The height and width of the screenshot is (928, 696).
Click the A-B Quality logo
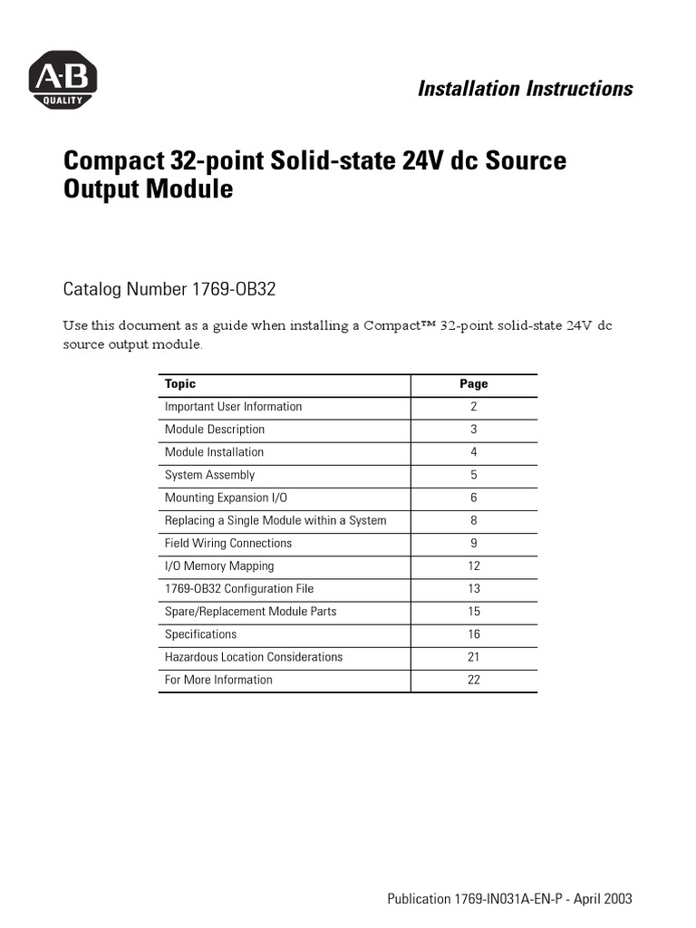click(x=63, y=80)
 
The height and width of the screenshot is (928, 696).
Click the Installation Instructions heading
click(x=525, y=88)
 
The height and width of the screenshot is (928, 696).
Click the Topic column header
click(x=180, y=384)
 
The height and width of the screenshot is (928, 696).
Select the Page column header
click(x=473, y=384)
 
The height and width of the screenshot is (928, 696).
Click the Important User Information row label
click(x=233, y=407)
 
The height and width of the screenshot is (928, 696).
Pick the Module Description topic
click(x=215, y=430)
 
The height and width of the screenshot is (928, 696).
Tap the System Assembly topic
click(x=209, y=475)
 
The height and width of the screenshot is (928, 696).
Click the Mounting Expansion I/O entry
click(x=226, y=498)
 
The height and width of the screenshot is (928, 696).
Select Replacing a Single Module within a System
click(x=275, y=520)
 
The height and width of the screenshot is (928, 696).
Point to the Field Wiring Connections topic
click(x=228, y=543)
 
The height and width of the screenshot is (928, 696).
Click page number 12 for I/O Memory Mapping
click(x=473, y=566)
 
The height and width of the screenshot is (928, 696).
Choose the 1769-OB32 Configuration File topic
click(x=239, y=589)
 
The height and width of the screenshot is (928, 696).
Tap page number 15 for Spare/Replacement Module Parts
click(x=473, y=612)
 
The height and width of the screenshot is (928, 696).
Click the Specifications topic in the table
click(x=200, y=634)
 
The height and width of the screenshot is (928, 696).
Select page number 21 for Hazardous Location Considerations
click(x=473, y=657)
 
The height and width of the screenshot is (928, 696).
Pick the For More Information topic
click(x=218, y=680)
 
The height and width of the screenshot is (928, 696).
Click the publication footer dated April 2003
click(x=509, y=899)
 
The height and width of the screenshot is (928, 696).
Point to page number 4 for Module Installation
click(x=473, y=452)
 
